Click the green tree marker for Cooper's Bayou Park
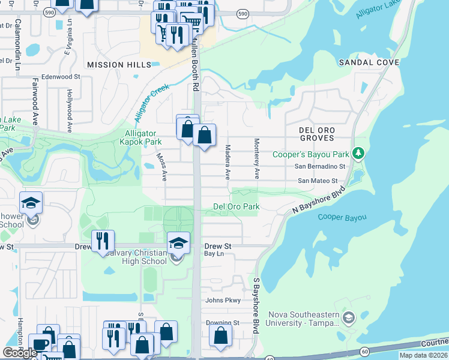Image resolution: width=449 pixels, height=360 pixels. pyautogui.click(x=358, y=154)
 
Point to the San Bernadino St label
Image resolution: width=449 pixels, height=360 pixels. pyautogui.click(x=319, y=166)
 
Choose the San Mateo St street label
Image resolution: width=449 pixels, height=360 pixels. pyautogui.click(x=318, y=181)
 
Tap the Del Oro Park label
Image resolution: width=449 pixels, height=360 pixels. pyautogui.click(x=237, y=206)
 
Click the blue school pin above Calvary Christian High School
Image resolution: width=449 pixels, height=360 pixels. pyautogui.click(x=178, y=243)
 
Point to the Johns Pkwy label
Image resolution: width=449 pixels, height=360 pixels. pyautogui.click(x=223, y=301)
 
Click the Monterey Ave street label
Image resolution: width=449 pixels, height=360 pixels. pyautogui.click(x=256, y=159)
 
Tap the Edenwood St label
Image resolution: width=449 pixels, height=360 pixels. pyautogui.click(x=60, y=77)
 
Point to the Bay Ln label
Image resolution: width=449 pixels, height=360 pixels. pyautogui.click(x=214, y=254)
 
